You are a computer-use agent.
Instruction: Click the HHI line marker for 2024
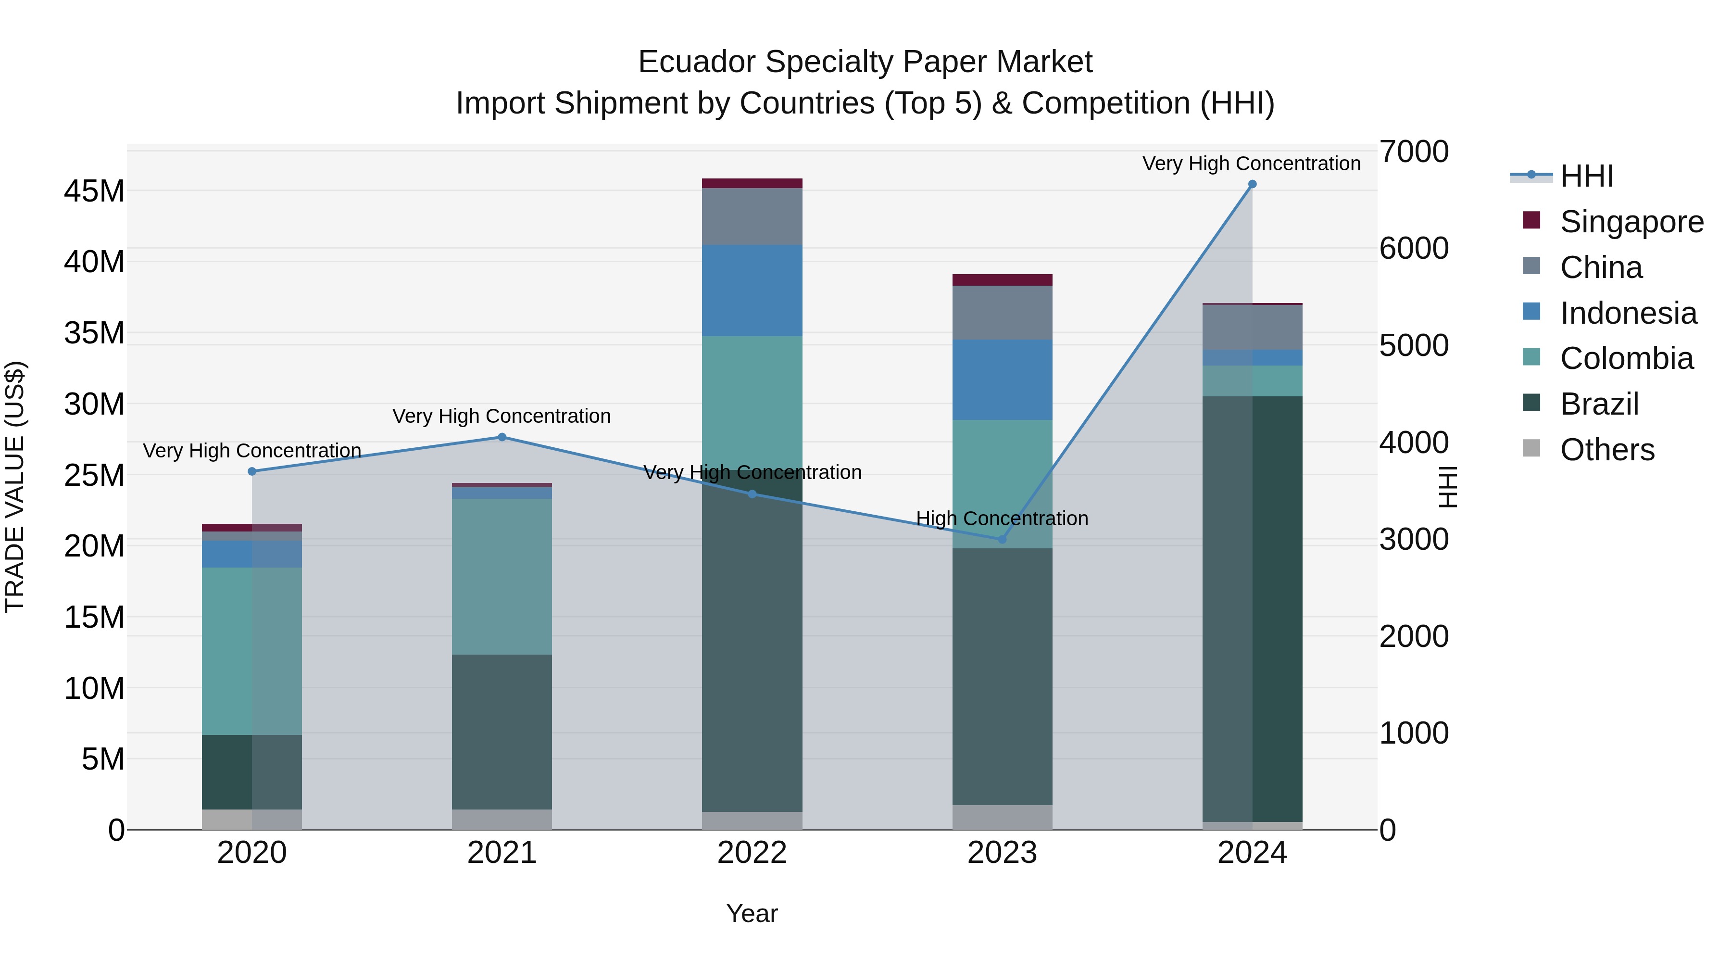[x=1252, y=184]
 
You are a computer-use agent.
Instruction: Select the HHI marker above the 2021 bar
[x=502, y=438]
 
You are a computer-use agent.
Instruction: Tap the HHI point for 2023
[x=1002, y=540]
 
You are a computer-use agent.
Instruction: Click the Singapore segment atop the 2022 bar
[x=752, y=184]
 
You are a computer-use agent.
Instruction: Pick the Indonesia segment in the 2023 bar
[x=1002, y=380]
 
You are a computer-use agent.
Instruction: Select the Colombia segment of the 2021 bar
[x=502, y=576]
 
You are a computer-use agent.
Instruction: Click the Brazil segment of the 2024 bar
[x=1252, y=608]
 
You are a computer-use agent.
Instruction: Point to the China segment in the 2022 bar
[x=752, y=216]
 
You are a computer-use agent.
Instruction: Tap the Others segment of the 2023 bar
[x=1002, y=817]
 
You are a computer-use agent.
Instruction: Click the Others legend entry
[x=1606, y=450]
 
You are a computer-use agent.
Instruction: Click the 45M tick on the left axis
[x=94, y=191]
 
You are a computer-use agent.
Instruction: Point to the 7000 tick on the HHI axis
[x=1414, y=152]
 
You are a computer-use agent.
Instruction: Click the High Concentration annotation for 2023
[x=1002, y=519]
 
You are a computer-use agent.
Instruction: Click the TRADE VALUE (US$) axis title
[x=15, y=487]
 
